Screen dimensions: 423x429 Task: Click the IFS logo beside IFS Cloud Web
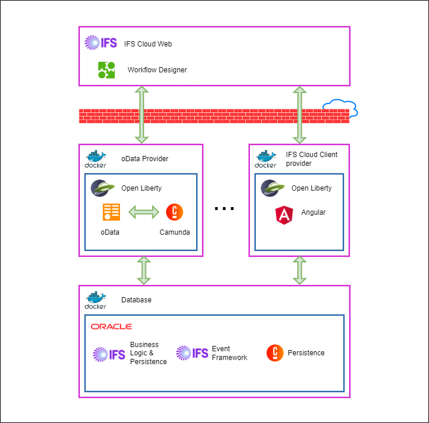pyautogui.click(x=101, y=43)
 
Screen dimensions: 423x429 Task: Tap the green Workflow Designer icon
pyautogui.click(x=107, y=70)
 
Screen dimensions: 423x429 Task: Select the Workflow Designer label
pyautogui.click(x=157, y=70)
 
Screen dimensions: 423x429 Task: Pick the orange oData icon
pyautogui.click(x=111, y=212)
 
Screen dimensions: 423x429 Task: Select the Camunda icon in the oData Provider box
pyautogui.click(x=174, y=212)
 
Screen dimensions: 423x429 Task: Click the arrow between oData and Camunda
pyautogui.click(x=144, y=212)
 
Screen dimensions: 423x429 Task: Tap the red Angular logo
pyautogui.click(x=285, y=215)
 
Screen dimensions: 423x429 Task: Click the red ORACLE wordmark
pyautogui.click(x=111, y=327)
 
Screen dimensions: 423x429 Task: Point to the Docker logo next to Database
pyautogui.click(x=96, y=301)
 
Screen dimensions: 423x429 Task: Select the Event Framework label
pyautogui.click(x=229, y=353)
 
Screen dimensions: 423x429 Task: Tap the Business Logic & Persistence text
pyautogui.click(x=148, y=353)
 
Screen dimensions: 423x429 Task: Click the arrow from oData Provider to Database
pyautogui.click(x=143, y=271)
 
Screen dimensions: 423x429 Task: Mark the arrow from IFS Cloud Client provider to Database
pyautogui.click(x=300, y=271)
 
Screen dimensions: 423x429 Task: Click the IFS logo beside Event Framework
pyautogui.click(x=192, y=353)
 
